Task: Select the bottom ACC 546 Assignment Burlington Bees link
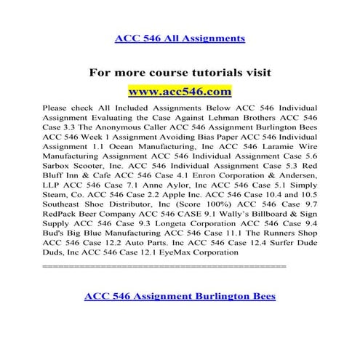pos(180,316)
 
